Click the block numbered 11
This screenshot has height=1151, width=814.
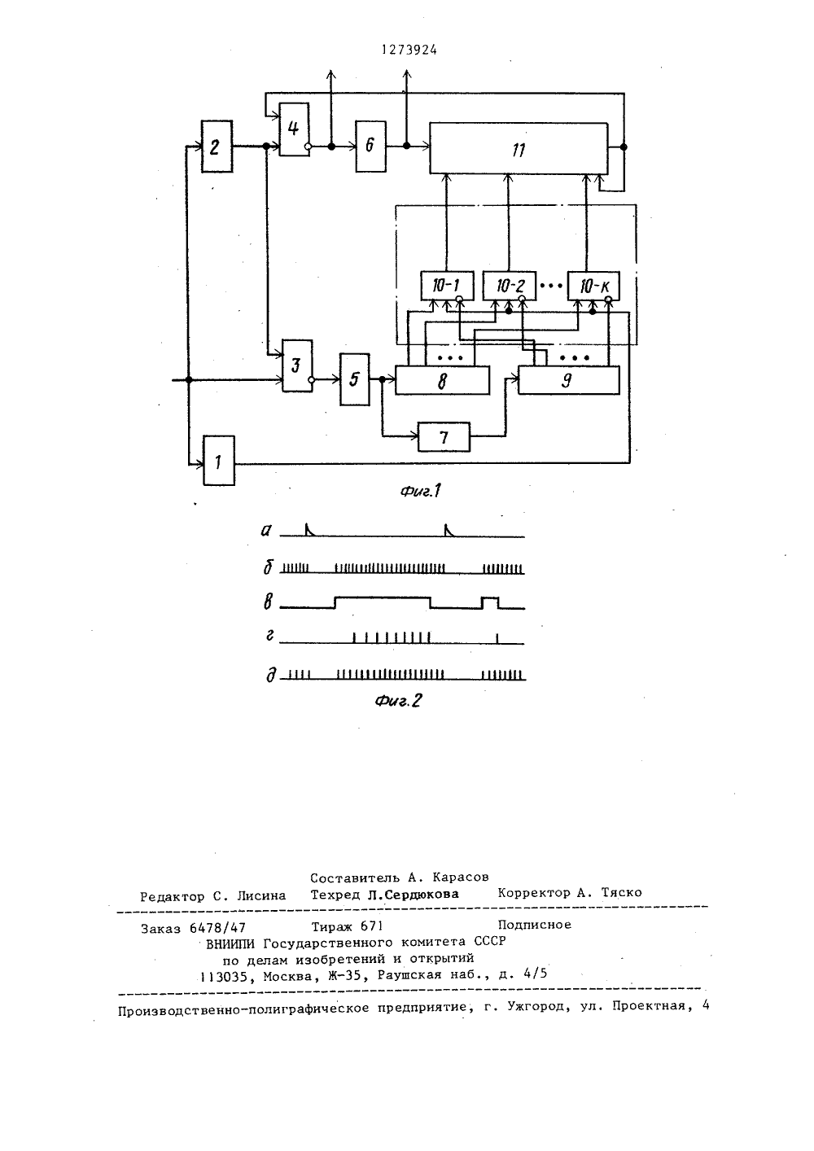pyautogui.click(x=519, y=148)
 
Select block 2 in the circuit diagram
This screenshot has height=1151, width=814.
pyautogui.click(x=217, y=147)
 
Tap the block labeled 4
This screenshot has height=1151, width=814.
pyautogui.click(x=294, y=129)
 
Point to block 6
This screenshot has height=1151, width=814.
pyautogui.click(x=370, y=147)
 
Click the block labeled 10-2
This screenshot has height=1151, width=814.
pyautogui.click(x=510, y=286)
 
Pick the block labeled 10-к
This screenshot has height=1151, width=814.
pyautogui.click(x=593, y=286)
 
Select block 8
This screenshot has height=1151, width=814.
pyautogui.click(x=442, y=380)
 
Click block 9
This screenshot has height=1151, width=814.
pyautogui.click(x=568, y=380)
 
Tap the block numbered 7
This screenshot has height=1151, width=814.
pyautogui.click(x=444, y=437)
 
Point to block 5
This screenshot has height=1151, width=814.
pyautogui.click(x=355, y=379)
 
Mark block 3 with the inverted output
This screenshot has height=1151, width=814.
pyautogui.click(x=297, y=365)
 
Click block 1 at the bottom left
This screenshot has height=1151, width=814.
pyautogui.click(x=219, y=461)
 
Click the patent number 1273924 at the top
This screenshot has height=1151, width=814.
pyautogui.click(x=409, y=50)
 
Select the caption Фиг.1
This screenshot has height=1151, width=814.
pyautogui.click(x=421, y=491)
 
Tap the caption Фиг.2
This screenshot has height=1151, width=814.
pyautogui.click(x=398, y=700)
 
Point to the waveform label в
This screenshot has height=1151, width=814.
pyautogui.click(x=268, y=602)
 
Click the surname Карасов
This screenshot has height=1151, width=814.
pyautogui.click(x=461, y=877)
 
